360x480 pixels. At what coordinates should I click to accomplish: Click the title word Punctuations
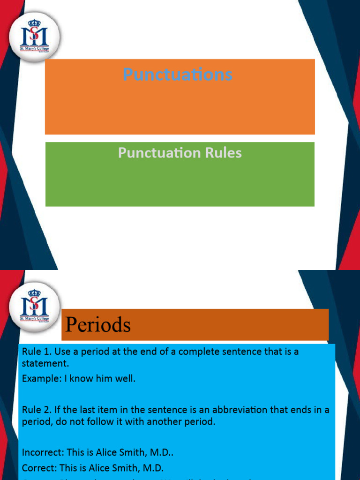(x=178, y=75)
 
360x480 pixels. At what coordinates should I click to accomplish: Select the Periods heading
(x=97, y=324)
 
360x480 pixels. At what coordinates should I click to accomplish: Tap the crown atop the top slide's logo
(x=34, y=23)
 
